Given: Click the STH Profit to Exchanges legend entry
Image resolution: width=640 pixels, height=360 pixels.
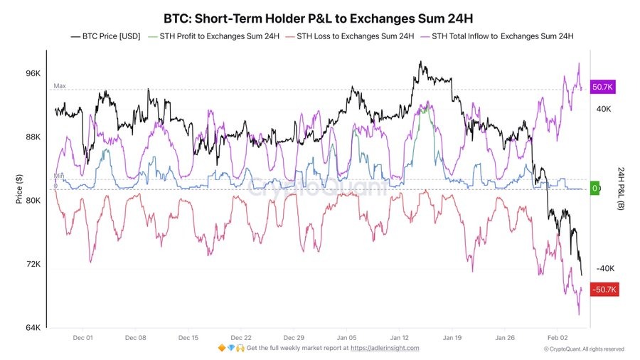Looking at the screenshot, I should (x=213, y=36).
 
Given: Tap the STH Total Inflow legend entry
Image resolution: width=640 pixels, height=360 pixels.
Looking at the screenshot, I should (x=502, y=36).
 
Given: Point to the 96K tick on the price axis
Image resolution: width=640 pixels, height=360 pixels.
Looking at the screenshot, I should (x=33, y=74).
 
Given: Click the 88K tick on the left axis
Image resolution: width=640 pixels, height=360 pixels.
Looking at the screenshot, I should (x=33, y=137).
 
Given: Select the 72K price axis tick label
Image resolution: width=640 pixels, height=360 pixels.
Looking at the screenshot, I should (x=33, y=264).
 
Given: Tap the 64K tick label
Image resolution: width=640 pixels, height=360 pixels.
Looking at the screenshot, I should (x=33, y=327).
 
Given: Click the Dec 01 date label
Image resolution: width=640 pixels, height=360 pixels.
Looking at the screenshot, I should (x=82, y=338).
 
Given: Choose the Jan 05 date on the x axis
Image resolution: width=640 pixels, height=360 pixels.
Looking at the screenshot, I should (x=347, y=338).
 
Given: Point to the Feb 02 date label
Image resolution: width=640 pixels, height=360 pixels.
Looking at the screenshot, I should (x=558, y=338).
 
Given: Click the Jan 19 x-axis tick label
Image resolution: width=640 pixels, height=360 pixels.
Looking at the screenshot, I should (x=453, y=338).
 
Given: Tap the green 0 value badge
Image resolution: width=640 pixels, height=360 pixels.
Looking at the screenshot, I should (x=595, y=189).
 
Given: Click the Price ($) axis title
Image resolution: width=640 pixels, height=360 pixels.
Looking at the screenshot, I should (x=19, y=190).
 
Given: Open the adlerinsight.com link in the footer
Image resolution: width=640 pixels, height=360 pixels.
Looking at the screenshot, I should (x=385, y=349).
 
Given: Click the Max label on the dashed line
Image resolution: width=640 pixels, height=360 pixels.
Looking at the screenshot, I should (x=60, y=86).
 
